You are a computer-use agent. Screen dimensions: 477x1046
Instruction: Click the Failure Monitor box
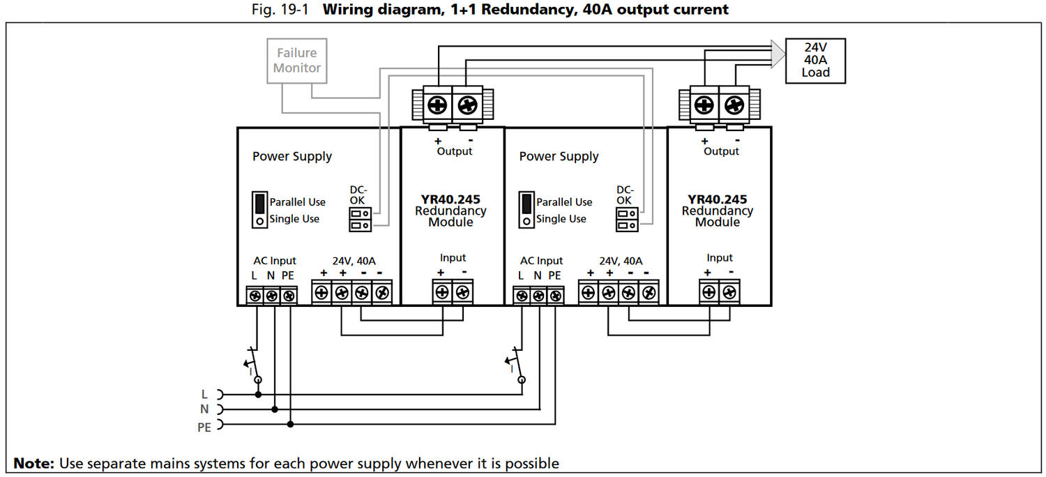click(x=297, y=61)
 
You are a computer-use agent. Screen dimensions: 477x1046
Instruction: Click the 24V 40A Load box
click(x=815, y=61)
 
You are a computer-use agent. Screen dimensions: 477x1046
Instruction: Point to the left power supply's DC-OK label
click(x=358, y=195)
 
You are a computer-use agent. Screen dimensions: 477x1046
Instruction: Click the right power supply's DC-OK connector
click(x=624, y=220)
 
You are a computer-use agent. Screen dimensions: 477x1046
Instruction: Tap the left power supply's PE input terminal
click(x=289, y=296)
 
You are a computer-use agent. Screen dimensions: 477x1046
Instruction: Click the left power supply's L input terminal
click(x=255, y=296)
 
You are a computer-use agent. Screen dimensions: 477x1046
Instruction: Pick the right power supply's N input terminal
click(x=538, y=296)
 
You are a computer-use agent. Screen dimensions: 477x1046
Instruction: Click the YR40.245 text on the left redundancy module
click(x=450, y=199)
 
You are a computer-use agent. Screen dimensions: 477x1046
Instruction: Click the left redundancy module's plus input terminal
click(x=442, y=291)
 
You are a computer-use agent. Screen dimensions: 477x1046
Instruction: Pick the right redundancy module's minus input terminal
click(x=728, y=291)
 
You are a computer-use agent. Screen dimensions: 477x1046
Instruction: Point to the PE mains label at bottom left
click(x=204, y=427)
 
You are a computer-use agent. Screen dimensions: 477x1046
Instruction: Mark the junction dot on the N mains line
click(x=275, y=409)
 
